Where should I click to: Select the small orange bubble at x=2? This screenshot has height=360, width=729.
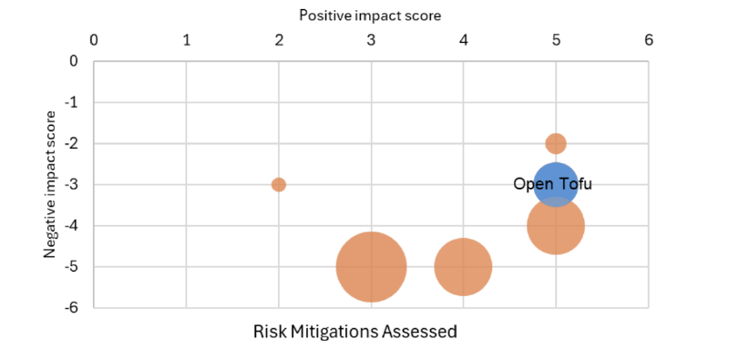tap(279, 184)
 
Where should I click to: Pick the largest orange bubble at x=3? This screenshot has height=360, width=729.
tap(371, 267)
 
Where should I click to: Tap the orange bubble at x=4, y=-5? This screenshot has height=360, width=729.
tap(463, 267)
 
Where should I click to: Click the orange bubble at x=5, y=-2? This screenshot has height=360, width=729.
tap(556, 143)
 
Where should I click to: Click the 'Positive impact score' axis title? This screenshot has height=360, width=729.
tap(370, 15)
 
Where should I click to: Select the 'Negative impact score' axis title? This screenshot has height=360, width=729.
tap(52, 184)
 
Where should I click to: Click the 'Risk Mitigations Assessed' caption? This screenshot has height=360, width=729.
tap(354, 332)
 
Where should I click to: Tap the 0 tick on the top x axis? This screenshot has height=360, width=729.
tap(94, 41)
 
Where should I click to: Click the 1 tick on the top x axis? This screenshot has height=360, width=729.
tap(187, 41)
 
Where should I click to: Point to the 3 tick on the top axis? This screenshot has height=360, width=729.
tap(371, 41)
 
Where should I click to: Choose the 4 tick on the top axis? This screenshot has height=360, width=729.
tap(464, 41)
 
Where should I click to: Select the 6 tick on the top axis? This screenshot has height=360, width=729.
tap(648, 41)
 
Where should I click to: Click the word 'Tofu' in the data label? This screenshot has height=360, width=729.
tap(576, 184)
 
